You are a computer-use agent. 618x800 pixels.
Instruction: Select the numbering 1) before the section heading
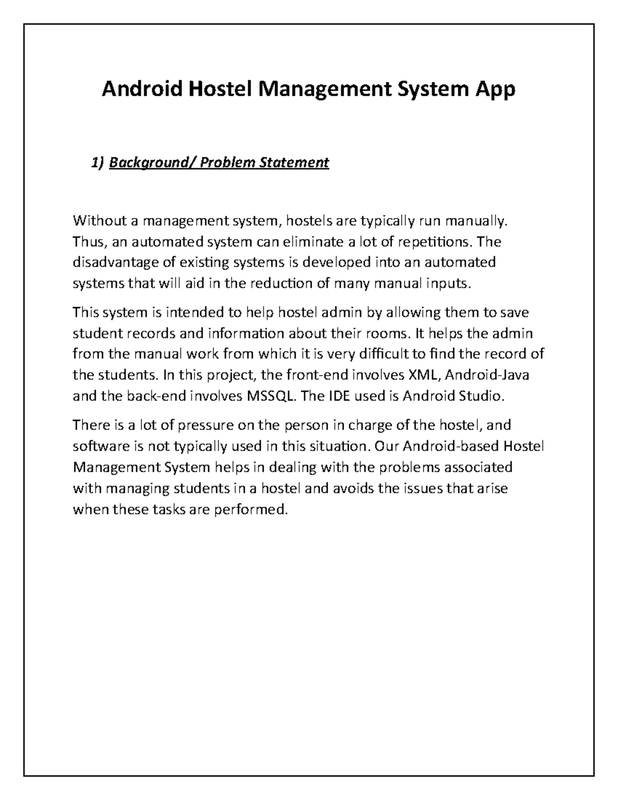97,163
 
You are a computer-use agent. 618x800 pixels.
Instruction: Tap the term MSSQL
271,397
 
